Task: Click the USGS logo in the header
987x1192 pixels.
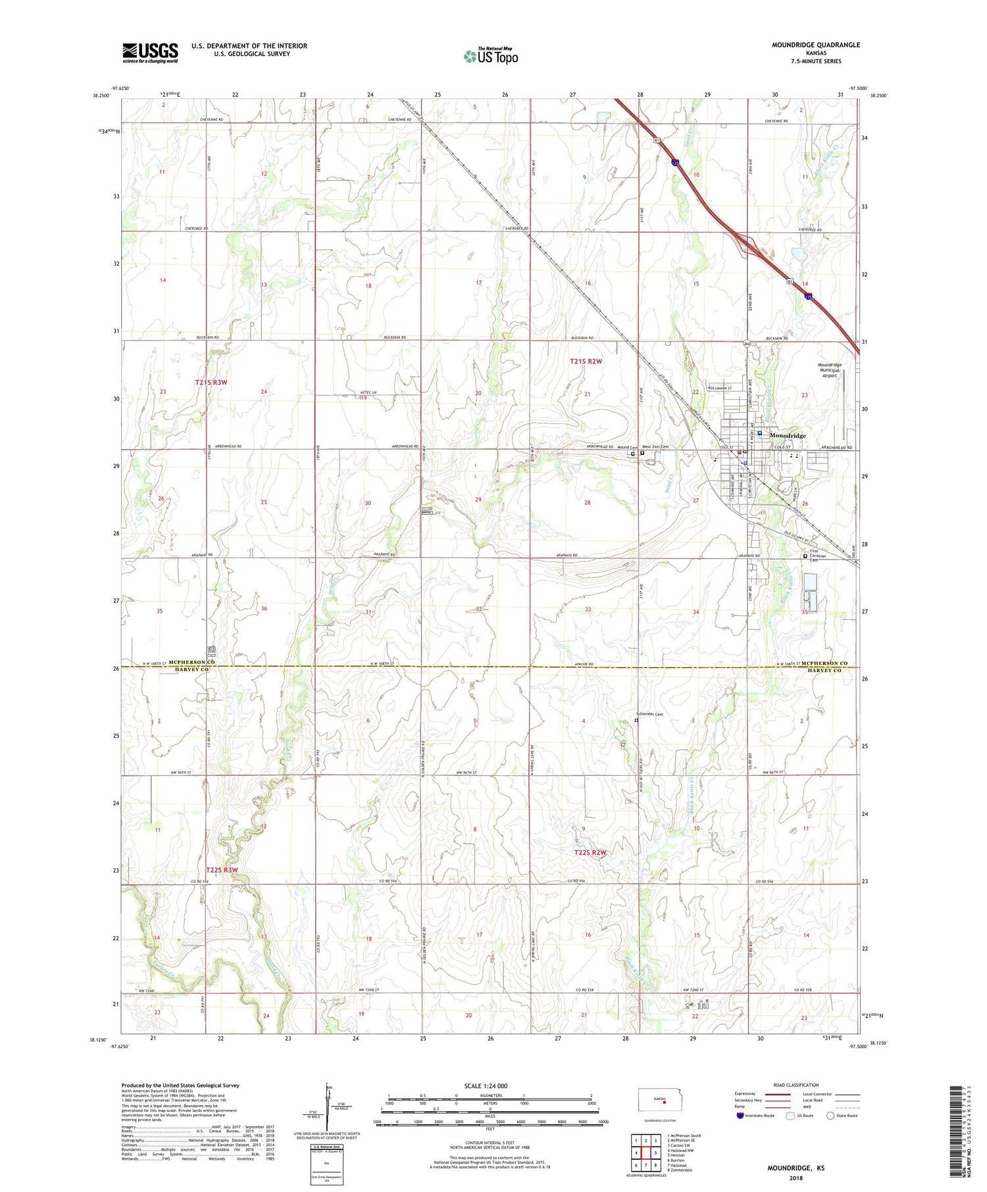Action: coord(150,53)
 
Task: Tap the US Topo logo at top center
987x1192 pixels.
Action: coord(490,57)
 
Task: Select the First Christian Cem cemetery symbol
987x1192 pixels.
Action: coord(805,556)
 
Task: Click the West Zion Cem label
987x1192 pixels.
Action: coord(655,447)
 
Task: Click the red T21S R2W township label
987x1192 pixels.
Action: coord(586,361)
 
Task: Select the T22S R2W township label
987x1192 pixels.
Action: coord(590,853)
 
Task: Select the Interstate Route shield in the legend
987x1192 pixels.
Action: coord(740,1116)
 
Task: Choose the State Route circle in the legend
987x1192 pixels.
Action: coord(831,1115)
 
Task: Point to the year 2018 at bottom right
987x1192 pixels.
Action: coord(796,1178)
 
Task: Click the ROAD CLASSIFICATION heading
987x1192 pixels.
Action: coord(796,1085)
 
